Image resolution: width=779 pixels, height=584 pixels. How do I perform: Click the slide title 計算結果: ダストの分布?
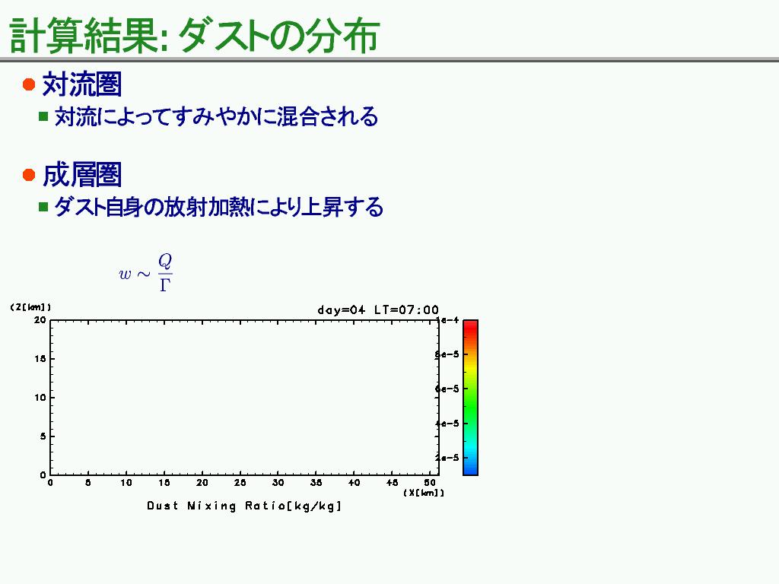click(x=194, y=36)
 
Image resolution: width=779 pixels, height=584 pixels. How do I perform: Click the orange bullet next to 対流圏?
click(x=29, y=84)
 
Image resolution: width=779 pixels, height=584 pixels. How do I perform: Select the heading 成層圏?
click(x=82, y=175)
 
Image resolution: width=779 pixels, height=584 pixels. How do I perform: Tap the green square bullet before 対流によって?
click(x=43, y=116)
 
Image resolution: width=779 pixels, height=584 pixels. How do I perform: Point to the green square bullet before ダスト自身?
click(x=43, y=207)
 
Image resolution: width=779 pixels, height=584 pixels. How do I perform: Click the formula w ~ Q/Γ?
click(x=145, y=273)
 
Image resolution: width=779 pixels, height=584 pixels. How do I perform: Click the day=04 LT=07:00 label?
click(x=377, y=310)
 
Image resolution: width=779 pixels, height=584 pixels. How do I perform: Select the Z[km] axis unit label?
click(x=30, y=307)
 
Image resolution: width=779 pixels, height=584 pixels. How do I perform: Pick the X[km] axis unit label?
click(x=424, y=493)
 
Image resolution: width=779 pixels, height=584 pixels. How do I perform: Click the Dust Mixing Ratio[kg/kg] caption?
click(x=244, y=506)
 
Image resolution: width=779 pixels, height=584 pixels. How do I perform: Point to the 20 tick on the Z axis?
click(x=40, y=320)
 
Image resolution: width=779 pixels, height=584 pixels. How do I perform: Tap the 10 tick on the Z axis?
click(x=40, y=397)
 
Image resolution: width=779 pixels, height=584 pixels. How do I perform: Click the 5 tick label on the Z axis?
click(x=43, y=436)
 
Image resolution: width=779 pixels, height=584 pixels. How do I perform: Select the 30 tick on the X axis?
click(x=278, y=483)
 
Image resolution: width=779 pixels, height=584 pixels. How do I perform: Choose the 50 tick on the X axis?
click(x=431, y=483)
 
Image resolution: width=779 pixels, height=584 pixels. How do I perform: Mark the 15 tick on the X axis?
click(x=164, y=483)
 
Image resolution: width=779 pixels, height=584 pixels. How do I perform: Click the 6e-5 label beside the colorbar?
click(x=447, y=389)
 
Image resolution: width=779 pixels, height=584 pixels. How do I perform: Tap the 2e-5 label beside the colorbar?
click(x=447, y=457)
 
